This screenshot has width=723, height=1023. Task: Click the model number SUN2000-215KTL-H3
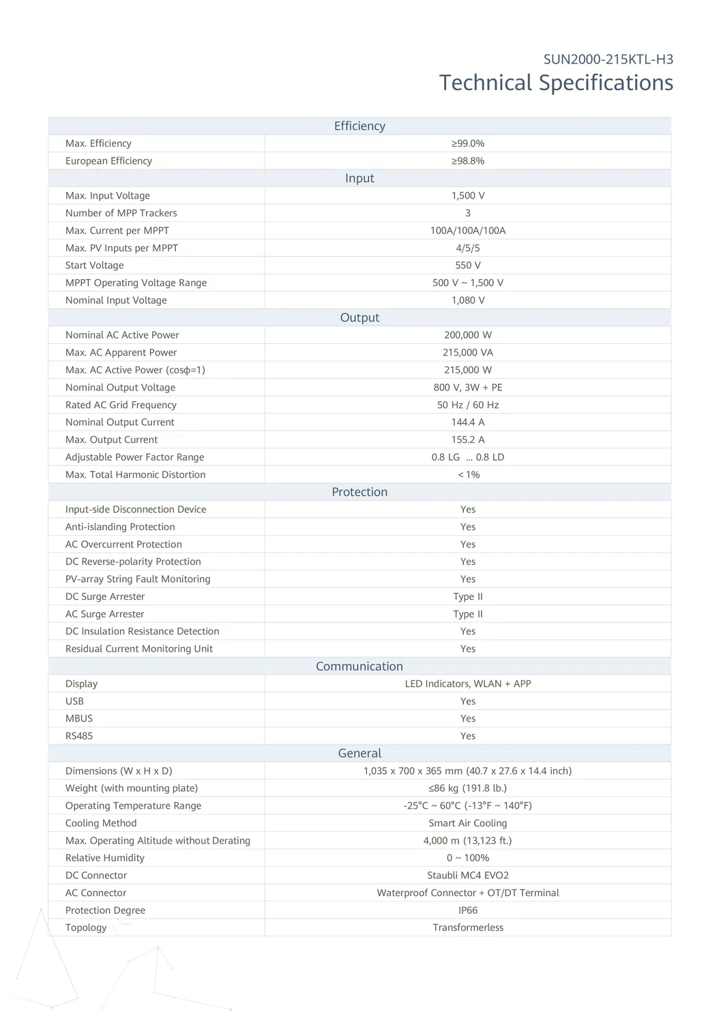(608, 59)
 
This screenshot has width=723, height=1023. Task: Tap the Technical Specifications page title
(556, 83)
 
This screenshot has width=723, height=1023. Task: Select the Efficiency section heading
(359, 126)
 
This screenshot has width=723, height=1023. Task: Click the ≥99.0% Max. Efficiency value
(468, 143)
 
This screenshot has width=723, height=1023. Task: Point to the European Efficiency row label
(108, 161)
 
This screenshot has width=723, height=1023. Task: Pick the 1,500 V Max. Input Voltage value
(468, 196)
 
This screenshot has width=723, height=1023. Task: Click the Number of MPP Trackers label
(121, 213)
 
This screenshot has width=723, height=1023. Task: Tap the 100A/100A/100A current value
(468, 231)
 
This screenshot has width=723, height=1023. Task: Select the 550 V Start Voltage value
(468, 265)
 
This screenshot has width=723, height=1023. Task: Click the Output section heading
(359, 318)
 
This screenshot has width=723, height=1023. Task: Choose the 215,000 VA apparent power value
(468, 353)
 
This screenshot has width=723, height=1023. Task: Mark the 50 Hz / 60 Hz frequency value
(468, 405)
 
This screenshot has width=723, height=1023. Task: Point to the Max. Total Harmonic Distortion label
(135, 475)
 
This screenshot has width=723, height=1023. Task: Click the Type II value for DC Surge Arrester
(468, 597)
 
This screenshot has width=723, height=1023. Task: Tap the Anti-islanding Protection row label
(120, 527)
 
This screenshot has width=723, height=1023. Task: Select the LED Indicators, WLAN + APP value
(468, 684)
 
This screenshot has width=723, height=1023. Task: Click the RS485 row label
(79, 736)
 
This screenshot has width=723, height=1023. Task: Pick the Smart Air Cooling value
(468, 824)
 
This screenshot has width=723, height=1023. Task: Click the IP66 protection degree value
(468, 910)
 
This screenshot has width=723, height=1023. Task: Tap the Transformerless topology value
(468, 928)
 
